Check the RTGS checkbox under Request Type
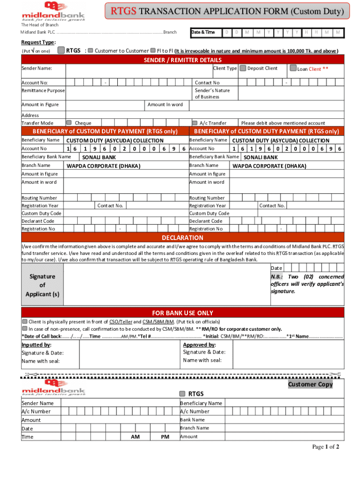point(61,50)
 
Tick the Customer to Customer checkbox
point(91,51)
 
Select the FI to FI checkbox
point(153,51)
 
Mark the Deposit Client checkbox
point(243,68)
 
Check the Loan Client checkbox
point(293,68)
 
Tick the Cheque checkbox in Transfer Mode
point(69,123)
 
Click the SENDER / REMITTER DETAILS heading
point(183,60)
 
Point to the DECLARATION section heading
point(183,238)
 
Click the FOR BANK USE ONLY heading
point(183,312)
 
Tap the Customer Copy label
point(310,384)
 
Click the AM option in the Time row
point(135,436)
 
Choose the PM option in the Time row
point(165,436)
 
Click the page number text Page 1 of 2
point(326,447)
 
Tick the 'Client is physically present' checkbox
point(25,321)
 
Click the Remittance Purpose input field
point(129,91)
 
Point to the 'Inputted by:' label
point(36,345)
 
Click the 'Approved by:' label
point(199,345)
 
